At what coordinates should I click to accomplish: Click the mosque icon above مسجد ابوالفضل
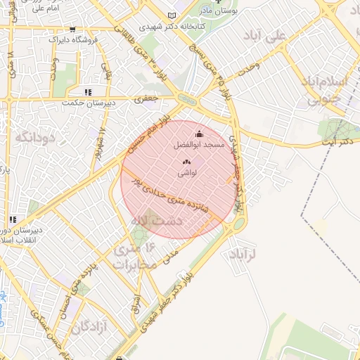[x=198, y=134]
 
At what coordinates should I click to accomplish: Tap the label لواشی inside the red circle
[x=188, y=172]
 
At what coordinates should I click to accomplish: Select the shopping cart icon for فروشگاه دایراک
[x=73, y=30]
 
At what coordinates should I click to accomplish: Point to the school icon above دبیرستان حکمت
[x=87, y=91]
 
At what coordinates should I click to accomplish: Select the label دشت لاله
[x=158, y=221]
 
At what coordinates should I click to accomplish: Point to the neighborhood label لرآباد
[x=245, y=254]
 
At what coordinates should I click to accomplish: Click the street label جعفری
[x=145, y=100]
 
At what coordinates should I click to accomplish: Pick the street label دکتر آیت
[x=335, y=141]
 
